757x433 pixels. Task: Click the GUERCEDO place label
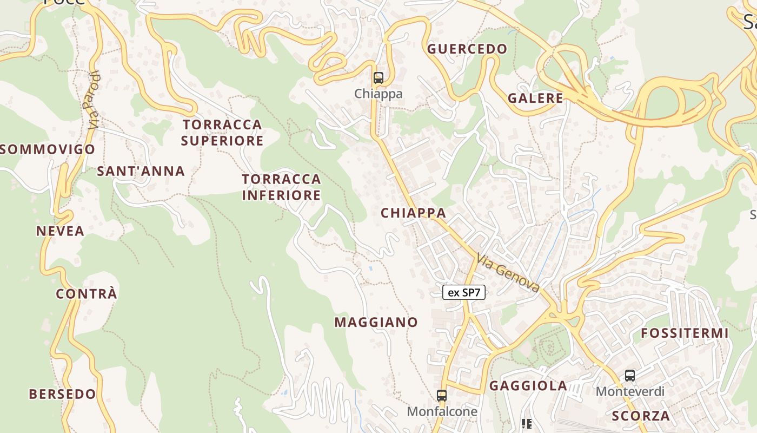coord(468,49)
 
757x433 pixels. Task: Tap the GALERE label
coord(535,98)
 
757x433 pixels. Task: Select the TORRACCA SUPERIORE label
coord(222,133)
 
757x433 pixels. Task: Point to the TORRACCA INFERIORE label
coord(281,187)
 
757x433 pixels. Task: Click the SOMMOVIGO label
coord(48,149)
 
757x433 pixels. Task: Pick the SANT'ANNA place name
coord(141,172)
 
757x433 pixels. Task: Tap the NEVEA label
coord(60,231)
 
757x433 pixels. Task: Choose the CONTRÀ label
coord(87,294)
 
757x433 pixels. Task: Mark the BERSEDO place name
coord(62,394)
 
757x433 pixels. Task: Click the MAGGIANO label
coord(376,323)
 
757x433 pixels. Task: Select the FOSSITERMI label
coord(685,333)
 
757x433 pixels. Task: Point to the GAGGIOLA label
coord(528,386)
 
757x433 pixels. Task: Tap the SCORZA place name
coord(641,416)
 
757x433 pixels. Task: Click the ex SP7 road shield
coord(464,293)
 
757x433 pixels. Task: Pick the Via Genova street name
coord(508,274)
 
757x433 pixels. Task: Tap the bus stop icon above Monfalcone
coord(442,396)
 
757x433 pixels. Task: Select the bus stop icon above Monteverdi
coord(630,376)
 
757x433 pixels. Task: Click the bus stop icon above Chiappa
coord(378,78)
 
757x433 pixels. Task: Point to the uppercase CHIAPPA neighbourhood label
coord(414,213)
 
